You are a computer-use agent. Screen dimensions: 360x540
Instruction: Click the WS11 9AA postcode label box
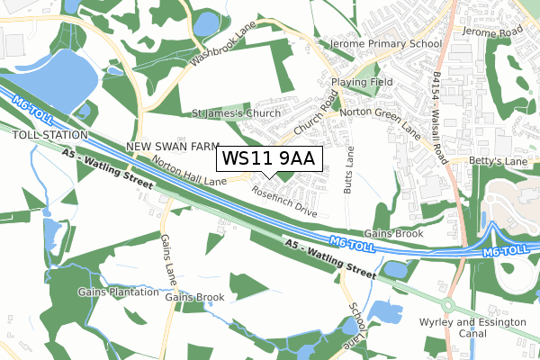point(267,158)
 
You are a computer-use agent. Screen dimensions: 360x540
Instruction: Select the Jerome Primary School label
point(385,43)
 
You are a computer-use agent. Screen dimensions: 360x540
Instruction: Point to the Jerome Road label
point(492,31)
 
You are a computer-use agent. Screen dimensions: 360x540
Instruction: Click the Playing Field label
point(362,82)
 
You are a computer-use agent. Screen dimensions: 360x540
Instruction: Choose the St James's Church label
point(237,114)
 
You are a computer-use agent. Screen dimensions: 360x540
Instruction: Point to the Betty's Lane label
point(497,161)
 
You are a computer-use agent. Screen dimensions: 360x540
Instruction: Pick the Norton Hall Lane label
point(189,169)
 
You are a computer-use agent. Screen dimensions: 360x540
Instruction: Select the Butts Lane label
point(348,170)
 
